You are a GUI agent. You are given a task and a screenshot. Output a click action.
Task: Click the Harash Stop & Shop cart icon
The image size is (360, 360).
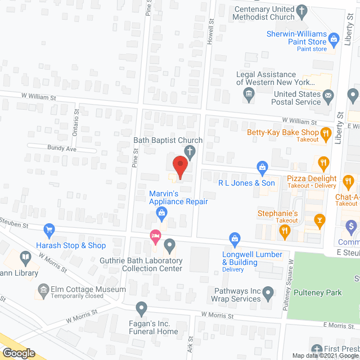click(49, 229)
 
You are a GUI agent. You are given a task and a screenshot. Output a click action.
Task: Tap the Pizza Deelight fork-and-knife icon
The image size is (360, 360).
click(323, 164)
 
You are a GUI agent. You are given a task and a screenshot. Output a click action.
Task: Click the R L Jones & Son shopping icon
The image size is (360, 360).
click(262, 167)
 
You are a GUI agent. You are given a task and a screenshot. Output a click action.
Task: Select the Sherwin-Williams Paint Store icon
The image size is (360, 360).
click(334, 39)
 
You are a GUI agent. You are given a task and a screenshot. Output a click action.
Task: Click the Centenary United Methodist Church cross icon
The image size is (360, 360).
click(302, 11)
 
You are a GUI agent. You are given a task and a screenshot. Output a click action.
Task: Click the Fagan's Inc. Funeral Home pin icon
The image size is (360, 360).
click(141, 308)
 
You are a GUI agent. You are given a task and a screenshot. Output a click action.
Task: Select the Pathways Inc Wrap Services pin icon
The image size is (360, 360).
click(268, 292)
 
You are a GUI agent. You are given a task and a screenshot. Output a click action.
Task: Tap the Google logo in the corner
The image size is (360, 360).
click(18, 353)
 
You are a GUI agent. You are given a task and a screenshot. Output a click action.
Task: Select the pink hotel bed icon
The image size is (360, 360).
click(154, 237)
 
